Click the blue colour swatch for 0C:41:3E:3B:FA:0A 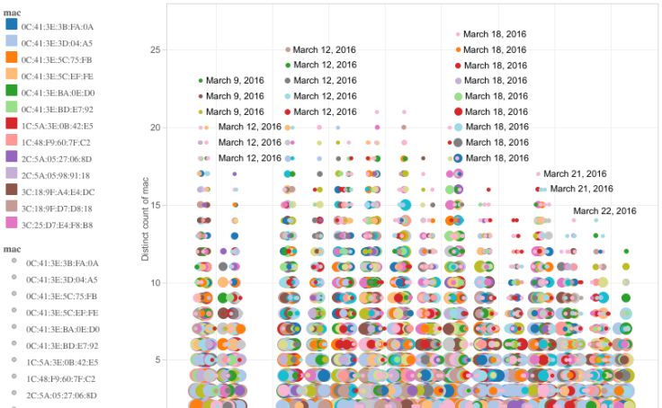point(12,26)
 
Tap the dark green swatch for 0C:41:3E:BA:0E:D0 point(12,92)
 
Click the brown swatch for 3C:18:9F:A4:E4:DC point(12,190)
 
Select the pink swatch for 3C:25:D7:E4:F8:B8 point(12,223)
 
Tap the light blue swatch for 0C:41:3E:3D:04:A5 point(12,42)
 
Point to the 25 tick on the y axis point(155,49)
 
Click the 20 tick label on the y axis point(155,128)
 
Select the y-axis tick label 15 point(155,206)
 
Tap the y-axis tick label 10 point(155,283)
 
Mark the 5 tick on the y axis point(157,361)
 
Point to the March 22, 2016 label point(604,211)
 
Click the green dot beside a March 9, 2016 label point(201,81)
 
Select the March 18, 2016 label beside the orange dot point(495,49)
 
